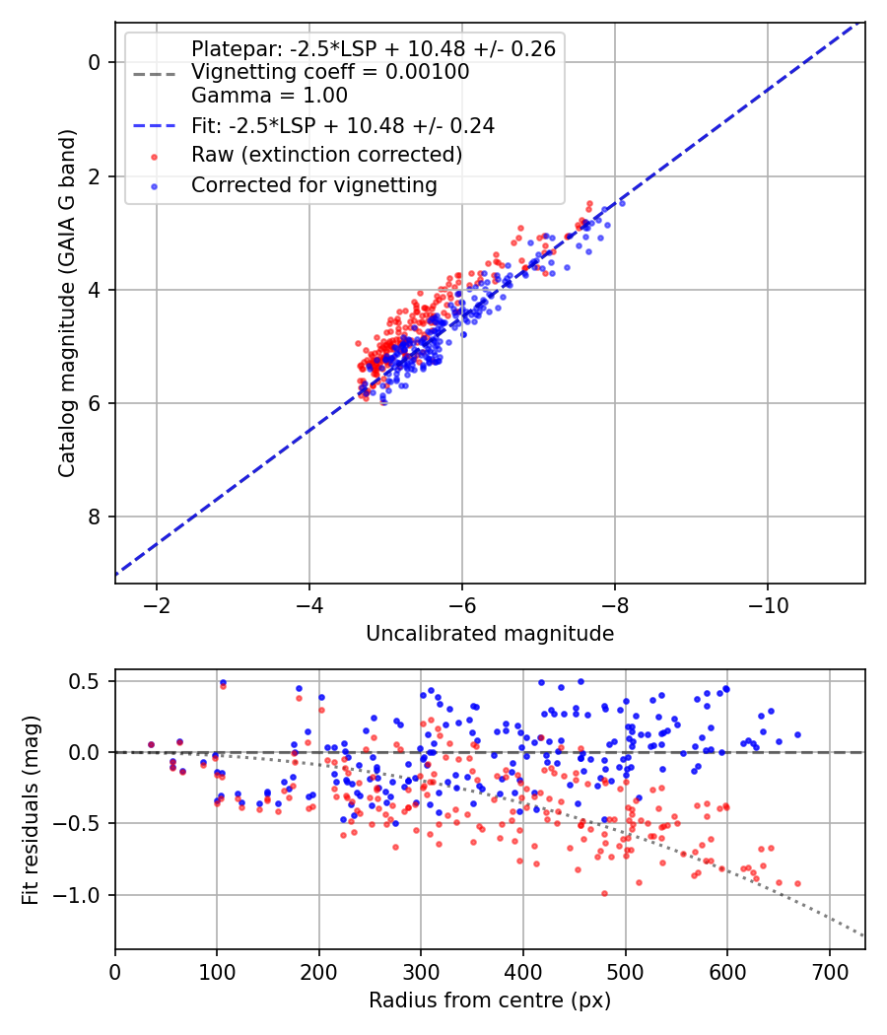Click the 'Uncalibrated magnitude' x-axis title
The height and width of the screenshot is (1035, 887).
[x=490, y=634]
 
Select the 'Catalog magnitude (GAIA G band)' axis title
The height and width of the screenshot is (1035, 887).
[x=67, y=303]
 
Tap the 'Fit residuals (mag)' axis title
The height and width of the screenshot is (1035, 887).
[x=31, y=810]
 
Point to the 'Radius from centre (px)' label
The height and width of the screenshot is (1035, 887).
[x=490, y=1000]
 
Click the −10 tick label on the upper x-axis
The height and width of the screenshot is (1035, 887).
[x=768, y=605]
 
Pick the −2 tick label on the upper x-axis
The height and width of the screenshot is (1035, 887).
[x=157, y=605]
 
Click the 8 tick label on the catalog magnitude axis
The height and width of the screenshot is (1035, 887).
[x=95, y=517]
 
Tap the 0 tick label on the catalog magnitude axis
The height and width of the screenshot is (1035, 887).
[x=95, y=62]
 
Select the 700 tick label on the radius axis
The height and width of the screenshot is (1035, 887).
[x=829, y=972]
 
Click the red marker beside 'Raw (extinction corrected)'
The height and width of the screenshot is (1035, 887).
[x=155, y=157]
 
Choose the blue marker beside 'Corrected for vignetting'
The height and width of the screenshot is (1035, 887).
[x=155, y=187]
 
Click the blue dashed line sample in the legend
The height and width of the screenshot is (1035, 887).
[x=155, y=126]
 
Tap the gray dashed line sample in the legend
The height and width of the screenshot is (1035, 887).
[x=155, y=74]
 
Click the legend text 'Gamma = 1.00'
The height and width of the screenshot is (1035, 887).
[x=269, y=96]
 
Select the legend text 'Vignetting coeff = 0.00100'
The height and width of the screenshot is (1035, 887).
[x=330, y=72]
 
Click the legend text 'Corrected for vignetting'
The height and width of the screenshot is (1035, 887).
[x=314, y=185]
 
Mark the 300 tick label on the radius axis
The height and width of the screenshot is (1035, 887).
[x=421, y=972]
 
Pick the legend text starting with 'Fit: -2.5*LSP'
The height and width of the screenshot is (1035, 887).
[x=343, y=126]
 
